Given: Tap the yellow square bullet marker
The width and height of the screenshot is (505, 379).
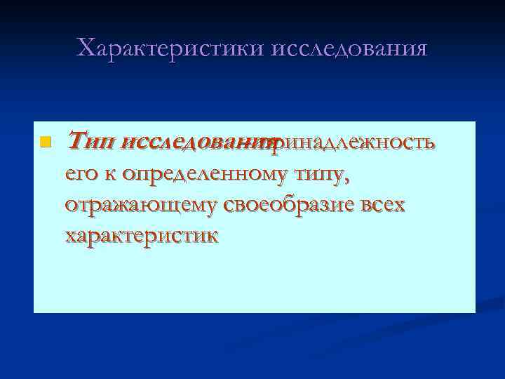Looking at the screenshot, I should pyautogui.click(x=46, y=142).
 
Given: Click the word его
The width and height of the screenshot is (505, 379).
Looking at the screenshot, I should pyautogui.click(x=79, y=174).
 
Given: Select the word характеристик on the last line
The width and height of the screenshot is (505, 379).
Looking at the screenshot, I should pyautogui.click(x=140, y=234).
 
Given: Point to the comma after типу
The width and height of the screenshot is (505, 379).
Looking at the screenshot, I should pyautogui.click(x=344, y=180).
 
